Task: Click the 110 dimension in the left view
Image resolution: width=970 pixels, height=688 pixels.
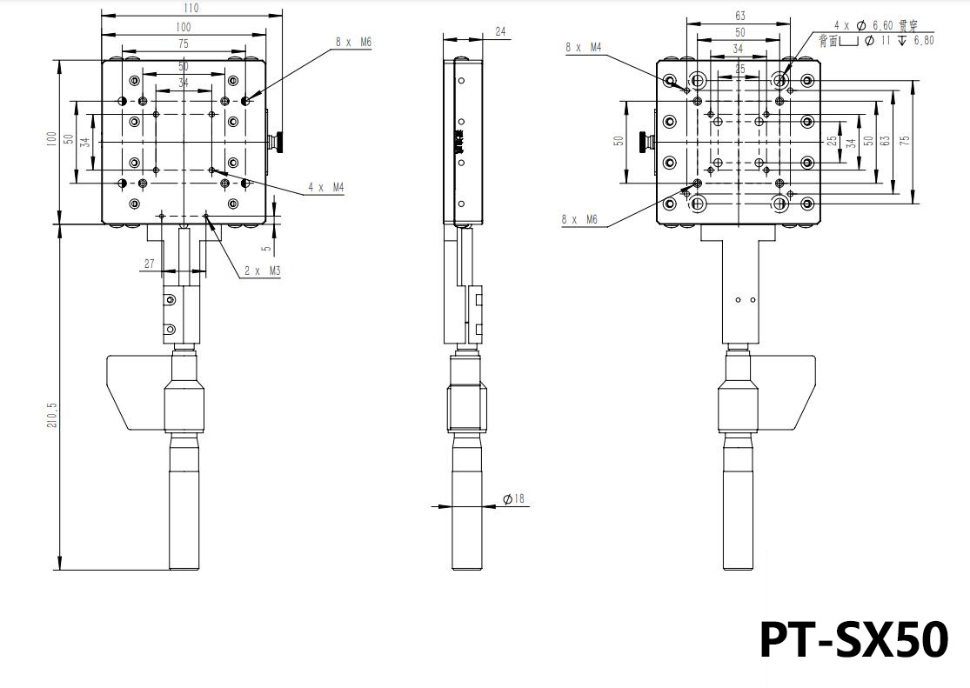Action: [191, 8]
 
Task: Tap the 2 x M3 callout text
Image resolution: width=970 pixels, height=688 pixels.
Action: [262, 271]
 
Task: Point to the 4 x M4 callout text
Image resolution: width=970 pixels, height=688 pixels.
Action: [325, 187]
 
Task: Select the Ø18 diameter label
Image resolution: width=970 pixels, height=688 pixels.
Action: [513, 499]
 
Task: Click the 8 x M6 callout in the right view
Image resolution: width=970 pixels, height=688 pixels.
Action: [579, 219]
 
